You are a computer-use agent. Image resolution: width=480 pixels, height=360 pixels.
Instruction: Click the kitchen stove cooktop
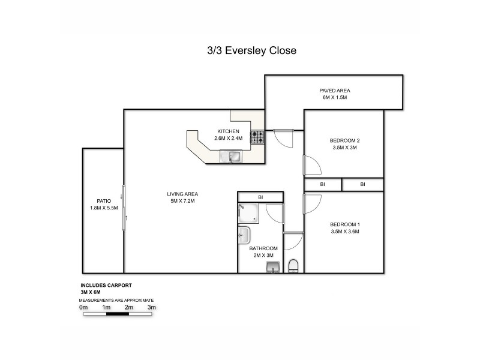(x=257, y=137)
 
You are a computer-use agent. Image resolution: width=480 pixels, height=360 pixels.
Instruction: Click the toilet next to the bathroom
(x=293, y=266)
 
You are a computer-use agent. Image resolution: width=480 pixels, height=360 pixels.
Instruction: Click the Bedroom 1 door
(x=312, y=204)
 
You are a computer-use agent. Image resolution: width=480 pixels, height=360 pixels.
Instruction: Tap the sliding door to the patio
(x=124, y=206)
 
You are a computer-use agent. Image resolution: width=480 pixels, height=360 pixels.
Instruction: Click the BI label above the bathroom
(x=260, y=197)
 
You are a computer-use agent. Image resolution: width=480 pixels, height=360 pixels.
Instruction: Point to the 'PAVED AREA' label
(x=334, y=91)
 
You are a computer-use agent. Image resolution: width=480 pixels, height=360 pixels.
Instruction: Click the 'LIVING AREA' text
(x=182, y=194)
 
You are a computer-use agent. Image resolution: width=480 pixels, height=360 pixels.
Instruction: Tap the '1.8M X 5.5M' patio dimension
(x=104, y=208)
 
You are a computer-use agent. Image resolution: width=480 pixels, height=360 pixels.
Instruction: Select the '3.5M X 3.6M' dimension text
(x=344, y=231)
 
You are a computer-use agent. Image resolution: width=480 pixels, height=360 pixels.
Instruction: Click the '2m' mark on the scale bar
(x=129, y=307)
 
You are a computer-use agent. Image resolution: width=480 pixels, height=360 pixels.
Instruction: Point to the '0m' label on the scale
(x=83, y=307)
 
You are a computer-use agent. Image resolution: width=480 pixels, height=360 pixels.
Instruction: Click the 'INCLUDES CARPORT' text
(x=106, y=286)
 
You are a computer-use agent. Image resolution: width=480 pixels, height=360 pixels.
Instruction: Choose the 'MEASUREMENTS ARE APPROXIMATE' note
(x=116, y=299)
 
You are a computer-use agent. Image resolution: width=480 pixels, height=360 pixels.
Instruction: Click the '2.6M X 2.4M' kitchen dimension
(x=228, y=138)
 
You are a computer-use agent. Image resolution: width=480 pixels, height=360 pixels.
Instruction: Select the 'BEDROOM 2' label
(x=344, y=140)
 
